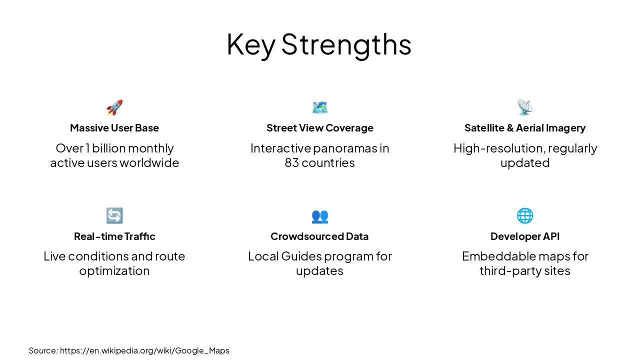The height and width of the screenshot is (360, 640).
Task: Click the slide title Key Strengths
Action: [319, 44]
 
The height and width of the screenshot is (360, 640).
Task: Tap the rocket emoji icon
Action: [114, 107]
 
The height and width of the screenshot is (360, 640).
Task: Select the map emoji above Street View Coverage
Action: [320, 107]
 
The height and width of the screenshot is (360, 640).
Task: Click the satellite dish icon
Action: [525, 107]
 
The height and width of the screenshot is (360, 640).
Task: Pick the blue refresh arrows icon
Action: [114, 215]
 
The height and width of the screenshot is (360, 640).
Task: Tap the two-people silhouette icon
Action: [320, 216]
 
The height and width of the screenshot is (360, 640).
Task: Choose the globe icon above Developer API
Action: [525, 215]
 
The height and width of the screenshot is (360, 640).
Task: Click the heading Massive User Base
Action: [114, 128]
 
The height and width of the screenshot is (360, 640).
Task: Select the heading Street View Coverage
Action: [320, 128]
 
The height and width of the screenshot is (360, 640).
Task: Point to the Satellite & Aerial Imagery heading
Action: [525, 128]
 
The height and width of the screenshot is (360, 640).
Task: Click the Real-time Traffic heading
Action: [114, 236]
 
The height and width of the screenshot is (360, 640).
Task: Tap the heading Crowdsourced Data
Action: [319, 236]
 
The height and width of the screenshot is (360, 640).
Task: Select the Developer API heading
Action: [525, 236]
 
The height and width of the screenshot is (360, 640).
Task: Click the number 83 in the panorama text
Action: [292, 163]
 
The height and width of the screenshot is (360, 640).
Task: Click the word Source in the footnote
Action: [43, 350]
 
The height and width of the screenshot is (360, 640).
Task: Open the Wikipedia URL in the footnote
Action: [144, 350]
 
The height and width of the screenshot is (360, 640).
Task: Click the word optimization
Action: [114, 271]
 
